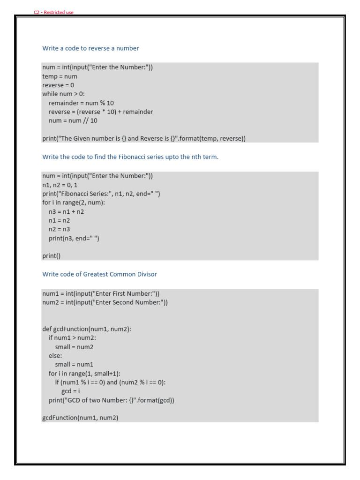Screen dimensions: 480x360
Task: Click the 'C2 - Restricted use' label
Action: (x=53, y=13)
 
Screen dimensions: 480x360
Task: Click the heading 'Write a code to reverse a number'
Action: (x=90, y=48)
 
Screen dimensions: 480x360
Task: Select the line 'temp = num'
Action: (x=60, y=76)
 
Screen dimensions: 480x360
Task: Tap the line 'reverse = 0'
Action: (x=58, y=85)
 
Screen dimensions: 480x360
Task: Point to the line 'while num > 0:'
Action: (x=64, y=94)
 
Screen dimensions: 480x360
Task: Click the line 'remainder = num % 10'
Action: (x=81, y=103)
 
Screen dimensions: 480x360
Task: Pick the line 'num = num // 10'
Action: (x=73, y=121)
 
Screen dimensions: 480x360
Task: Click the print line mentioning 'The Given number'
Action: (x=144, y=139)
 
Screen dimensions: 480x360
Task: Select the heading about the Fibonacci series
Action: (x=130, y=157)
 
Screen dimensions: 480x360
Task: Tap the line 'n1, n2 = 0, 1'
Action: (x=60, y=185)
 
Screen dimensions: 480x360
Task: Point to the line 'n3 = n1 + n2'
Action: (x=66, y=212)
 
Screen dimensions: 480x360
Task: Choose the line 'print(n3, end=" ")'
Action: (x=74, y=239)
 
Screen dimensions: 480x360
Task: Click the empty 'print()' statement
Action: (x=52, y=256)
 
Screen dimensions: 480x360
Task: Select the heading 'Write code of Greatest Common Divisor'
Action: (x=100, y=274)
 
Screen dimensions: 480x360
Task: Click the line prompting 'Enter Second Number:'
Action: (x=105, y=303)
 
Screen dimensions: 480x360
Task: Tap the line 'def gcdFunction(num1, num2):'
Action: (x=87, y=330)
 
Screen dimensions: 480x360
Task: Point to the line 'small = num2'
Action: (x=74, y=347)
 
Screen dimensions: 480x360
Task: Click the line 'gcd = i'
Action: (x=71, y=391)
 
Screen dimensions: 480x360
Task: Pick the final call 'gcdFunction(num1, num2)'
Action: (x=80, y=418)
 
